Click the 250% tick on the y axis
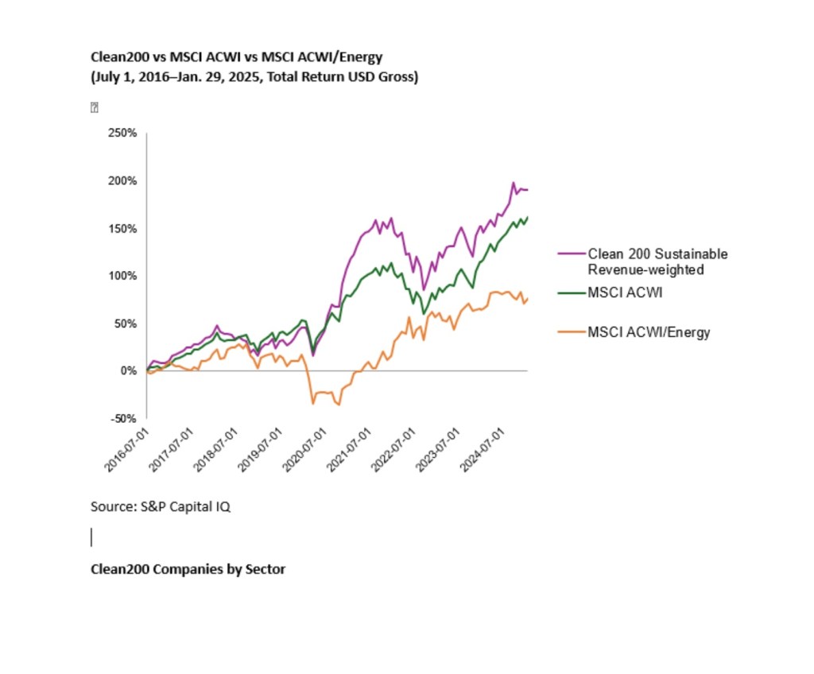coord(124,134)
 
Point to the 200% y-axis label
coord(124,181)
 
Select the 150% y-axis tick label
coord(124,229)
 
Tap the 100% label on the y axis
coord(124,276)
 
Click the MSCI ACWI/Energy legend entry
coord(649,332)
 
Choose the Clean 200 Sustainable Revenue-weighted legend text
coord(657,261)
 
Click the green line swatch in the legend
coord(571,293)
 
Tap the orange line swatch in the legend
coord(571,332)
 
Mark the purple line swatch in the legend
coord(571,254)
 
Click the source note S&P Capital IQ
coord(161,506)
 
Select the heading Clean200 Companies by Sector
coord(188,569)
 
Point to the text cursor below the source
coord(91,537)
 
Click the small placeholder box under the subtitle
coord(94,107)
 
